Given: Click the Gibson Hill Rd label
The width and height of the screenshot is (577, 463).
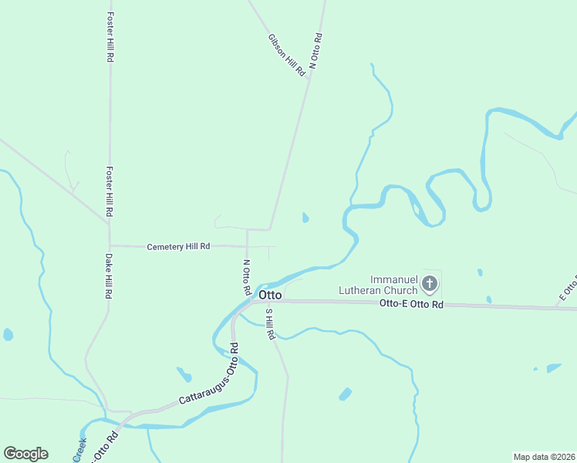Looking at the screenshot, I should pos(287,54).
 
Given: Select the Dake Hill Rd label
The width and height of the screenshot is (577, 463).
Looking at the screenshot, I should pos(110,276).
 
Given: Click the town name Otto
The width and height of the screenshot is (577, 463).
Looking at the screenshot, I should pos(270,295).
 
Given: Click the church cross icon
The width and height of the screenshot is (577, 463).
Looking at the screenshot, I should pos(430,285).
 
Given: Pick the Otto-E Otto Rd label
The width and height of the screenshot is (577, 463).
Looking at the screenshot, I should pos(412,305).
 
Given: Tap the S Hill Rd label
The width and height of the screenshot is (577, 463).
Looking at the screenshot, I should pos(269,326).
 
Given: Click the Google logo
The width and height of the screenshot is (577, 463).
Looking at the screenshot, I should pos(25,454).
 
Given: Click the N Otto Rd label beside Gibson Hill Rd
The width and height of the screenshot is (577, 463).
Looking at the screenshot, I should pos(315,52).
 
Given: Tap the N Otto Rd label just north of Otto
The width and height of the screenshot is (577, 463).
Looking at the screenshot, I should pos(246,277).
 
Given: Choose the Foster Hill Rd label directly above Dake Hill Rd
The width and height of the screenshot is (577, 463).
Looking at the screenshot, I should pos(110,192).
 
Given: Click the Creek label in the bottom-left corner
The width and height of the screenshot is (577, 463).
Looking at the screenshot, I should pos(79,451).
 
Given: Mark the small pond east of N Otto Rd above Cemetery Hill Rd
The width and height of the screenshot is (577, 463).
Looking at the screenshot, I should pos(305,218).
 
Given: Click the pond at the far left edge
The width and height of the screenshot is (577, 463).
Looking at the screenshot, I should pos(8,335).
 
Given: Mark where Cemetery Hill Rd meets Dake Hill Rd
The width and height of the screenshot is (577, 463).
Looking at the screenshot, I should pos(110,245).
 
